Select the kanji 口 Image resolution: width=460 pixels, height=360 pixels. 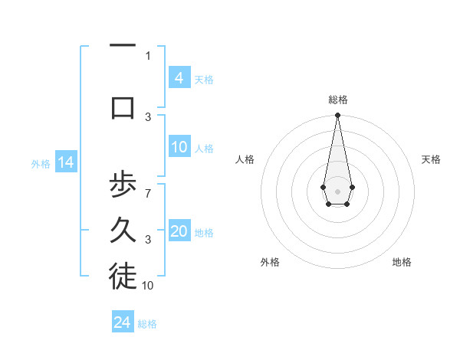(123, 107)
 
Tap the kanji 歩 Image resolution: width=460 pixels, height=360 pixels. (123, 186)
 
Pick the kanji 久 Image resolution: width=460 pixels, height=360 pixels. (123, 232)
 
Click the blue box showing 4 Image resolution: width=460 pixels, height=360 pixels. (179, 78)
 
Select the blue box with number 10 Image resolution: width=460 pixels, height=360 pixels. (179, 147)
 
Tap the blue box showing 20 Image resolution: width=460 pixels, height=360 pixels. (179, 231)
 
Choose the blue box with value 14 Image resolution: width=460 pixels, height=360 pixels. (65, 162)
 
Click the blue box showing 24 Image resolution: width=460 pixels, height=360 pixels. (123, 322)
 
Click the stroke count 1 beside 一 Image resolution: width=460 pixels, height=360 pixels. (148, 55)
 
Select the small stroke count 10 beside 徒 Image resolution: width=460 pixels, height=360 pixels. (148, 285)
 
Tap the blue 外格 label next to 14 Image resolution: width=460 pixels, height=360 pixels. (41, 163)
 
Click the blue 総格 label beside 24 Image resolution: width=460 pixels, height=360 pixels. (147, 323)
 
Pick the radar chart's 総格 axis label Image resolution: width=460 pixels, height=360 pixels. (337, 100)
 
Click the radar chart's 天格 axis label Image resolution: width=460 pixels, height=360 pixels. (431, 159)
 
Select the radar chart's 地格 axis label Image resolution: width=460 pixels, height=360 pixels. (402, 262)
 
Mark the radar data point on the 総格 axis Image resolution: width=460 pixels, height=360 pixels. (337, 116)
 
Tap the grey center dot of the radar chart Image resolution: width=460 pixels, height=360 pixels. (337, 190)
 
